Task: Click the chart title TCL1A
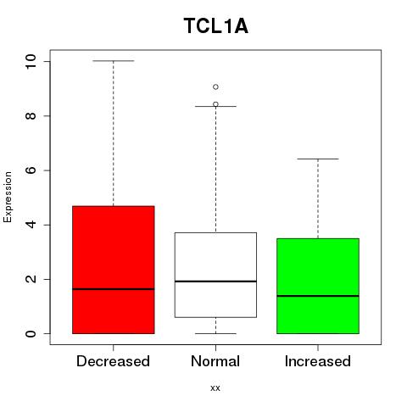pyautogui.click(x=216, y=26)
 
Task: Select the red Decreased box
pyautogui.click(x=114, y=270)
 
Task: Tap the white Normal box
pyautogui.click(x=215, y=275)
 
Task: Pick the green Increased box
pyautogui.click(x=318, y=286)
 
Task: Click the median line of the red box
pyautogui.click(x=114, y=289)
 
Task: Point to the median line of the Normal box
pyautogui.click(x=215, y=282)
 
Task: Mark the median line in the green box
pyautogui.click(x=318, y=296)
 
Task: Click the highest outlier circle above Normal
pyautogui.click(x=215, y=86)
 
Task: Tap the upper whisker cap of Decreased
pyautogui.click(x=114, y=61)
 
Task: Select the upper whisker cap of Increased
pyautogui.click(x=318, y=159)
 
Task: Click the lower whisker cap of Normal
pyautogui.click(x=215, y=333)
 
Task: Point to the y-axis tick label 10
pyautogui.click(x=31, y=62)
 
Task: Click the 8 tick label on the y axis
pyautogui.click(x=31, y=116)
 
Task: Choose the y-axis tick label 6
pyautogui.click(x=31, y=170)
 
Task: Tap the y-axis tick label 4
pyautogui.click(x=31, y=225)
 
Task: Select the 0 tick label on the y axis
pyautogui.click(x=31, y=333)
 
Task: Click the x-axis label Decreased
pyautogui.click(x=113, y=361)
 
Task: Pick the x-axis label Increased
pyautogui.click(x=318, y=361)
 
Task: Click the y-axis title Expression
pyautogui.click(x=8, y=197)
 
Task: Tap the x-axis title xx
pyautogui.click(x=215, y=388)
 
